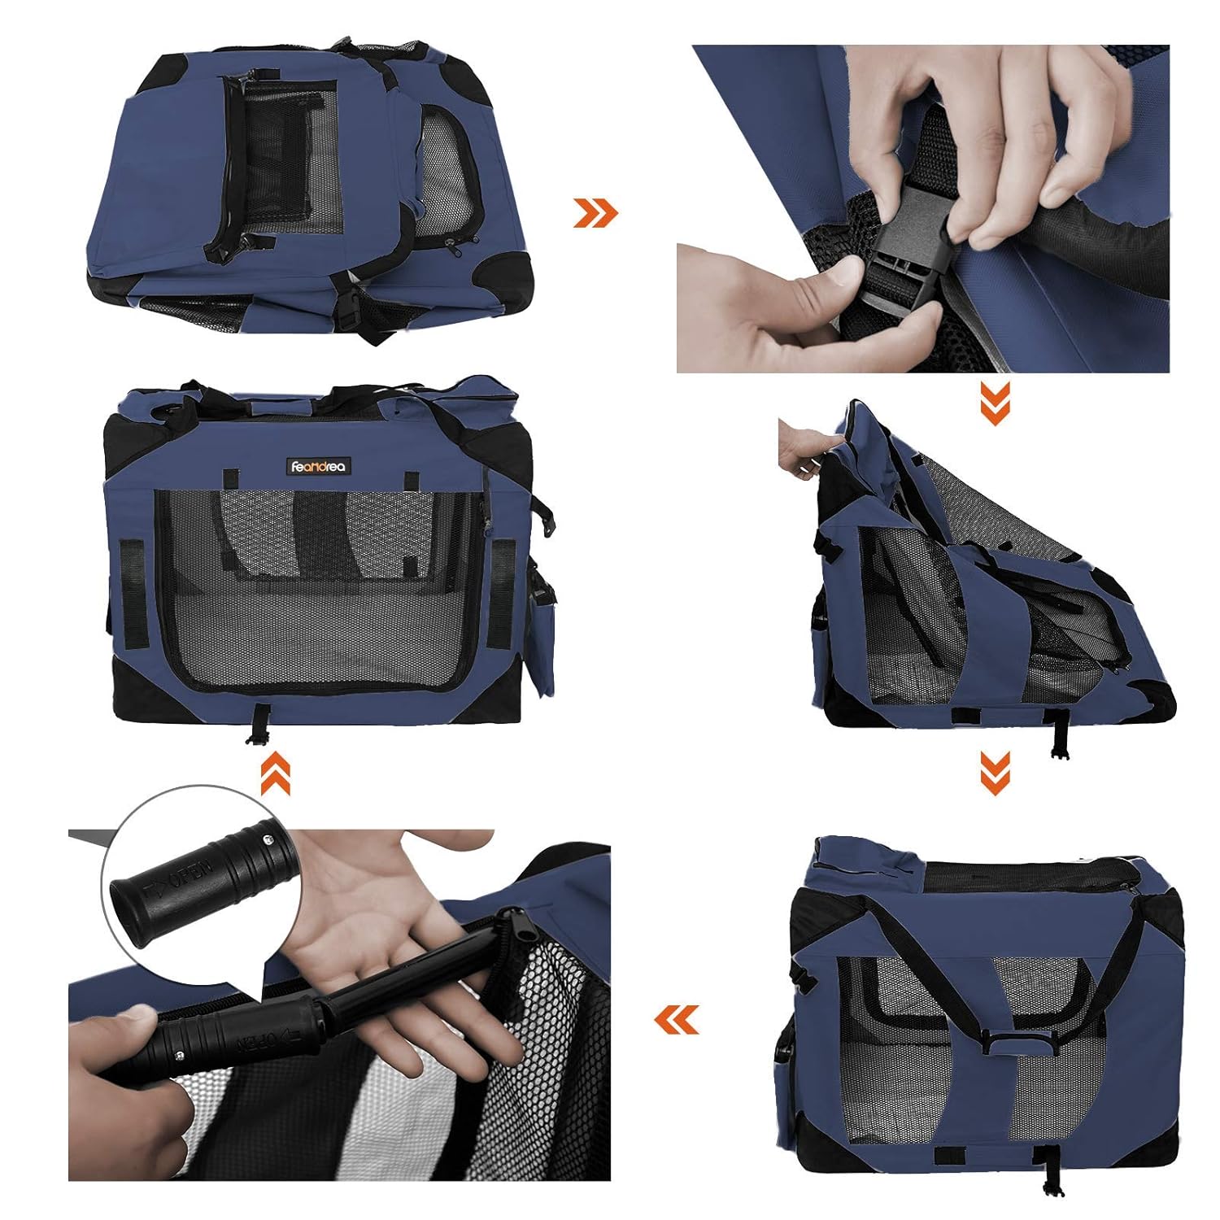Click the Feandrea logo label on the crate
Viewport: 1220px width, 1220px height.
[x=318, y=467]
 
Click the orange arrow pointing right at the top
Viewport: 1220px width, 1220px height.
[x=595, y=212]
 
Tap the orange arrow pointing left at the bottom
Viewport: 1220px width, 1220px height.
[x=677, y=1019]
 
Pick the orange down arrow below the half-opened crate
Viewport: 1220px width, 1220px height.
[x=995, y=772]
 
